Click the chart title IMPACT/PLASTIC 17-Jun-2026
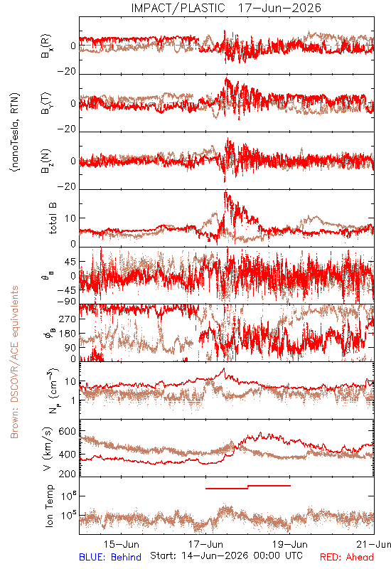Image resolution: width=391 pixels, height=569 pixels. tap(226, 8)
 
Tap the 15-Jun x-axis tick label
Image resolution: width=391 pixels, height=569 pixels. tap(121, 544)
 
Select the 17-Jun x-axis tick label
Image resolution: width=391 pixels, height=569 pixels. tap(205, 544)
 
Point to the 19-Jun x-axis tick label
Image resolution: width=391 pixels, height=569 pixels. tap(290, 544)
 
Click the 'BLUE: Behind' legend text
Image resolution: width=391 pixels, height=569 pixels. tap(110, 557)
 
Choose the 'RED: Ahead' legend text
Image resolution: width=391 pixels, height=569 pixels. tap(346, 557)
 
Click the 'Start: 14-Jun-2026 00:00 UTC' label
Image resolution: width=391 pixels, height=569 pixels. tap(226, 555)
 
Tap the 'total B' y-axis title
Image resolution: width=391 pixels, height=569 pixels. tap(53, 218)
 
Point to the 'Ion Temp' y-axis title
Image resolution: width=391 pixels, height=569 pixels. tap(49, 506)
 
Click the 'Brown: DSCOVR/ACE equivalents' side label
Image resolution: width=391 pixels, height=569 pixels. tap(14, 362)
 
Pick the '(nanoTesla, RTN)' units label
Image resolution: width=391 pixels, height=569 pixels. tap(15, 132)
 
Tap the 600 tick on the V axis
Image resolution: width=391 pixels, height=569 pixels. tap(67, 432)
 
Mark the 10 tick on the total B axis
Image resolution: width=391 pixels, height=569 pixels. tap(70, 218)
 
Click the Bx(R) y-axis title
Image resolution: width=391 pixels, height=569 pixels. tap(47, 46)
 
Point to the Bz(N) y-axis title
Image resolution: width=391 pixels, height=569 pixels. tap(47, 161)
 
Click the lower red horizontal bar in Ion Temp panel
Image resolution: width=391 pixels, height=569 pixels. tap(227, 489)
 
